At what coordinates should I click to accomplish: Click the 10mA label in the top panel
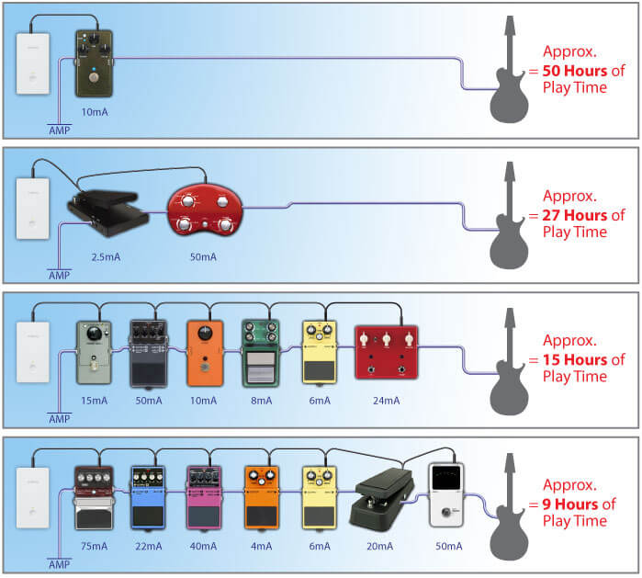click(93, 111)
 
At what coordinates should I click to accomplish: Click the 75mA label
click(92, 545)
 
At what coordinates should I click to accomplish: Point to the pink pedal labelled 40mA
click(205, 497)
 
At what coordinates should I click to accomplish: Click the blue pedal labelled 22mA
click(148, 497)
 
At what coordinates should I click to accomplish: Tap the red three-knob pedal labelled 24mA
click(386, 352)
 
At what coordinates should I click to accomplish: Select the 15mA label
click(93, 401)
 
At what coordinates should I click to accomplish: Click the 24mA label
click(387, 401)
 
